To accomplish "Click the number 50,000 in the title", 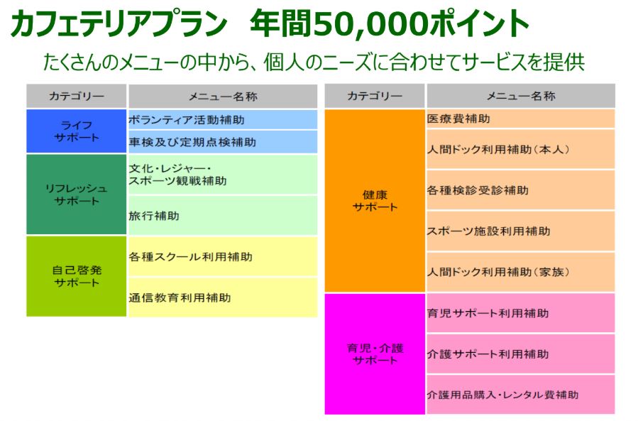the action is (370, 24).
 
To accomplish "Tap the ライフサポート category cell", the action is (77, 131).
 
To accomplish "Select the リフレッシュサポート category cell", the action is (77, 195).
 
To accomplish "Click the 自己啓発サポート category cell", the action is (77, 276).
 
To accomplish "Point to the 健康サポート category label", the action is (375, 201).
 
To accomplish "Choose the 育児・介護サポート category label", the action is (375, 354).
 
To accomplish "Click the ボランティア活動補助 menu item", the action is (187, 120).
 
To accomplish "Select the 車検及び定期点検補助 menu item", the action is (192, 142).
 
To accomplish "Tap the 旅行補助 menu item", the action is (154, 216).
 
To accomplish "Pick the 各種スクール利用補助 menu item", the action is (190, 257).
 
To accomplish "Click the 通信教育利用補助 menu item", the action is (180, 297).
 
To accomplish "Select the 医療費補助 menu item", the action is (458, 119).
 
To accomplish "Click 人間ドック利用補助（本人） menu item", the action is (498, 149).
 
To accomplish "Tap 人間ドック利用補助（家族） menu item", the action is (498, 272).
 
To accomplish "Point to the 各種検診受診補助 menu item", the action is (478, 190).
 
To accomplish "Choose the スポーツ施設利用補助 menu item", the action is (489, 231).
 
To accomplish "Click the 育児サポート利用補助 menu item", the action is (488, 313).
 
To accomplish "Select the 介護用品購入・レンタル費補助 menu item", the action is (502, 395).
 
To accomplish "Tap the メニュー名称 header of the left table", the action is (223, 97).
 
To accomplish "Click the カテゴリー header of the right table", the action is (375, 96).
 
